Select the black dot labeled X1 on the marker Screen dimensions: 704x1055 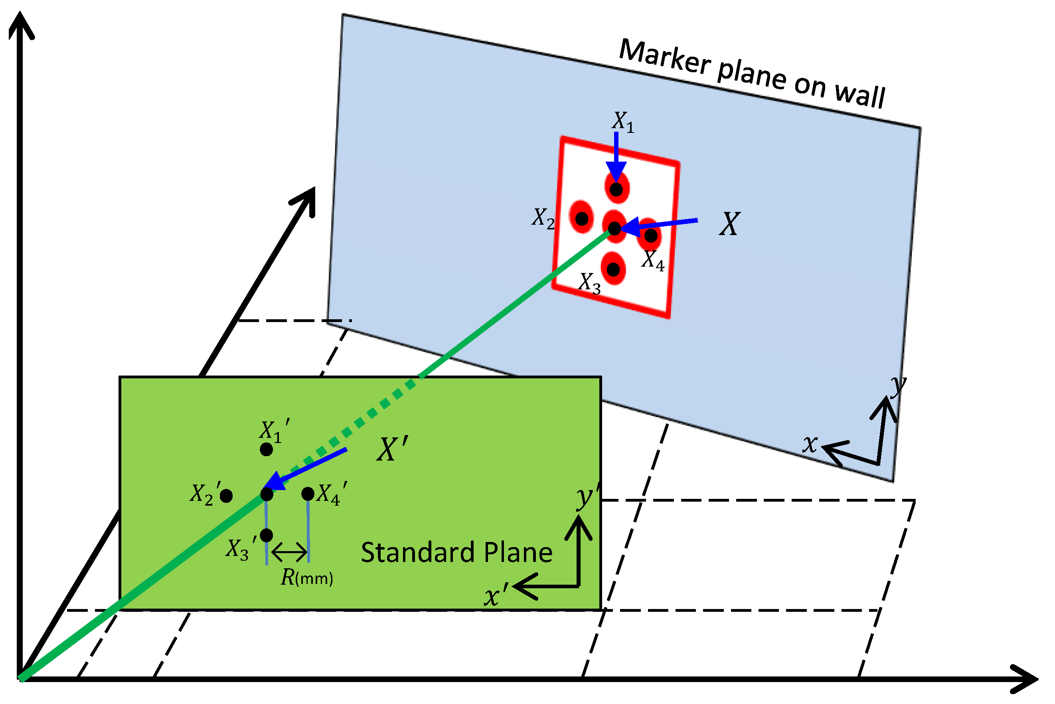616,190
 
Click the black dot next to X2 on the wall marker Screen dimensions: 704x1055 582,219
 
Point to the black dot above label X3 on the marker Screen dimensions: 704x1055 613,269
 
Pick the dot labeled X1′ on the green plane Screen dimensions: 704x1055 266,449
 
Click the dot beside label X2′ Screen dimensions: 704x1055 226,496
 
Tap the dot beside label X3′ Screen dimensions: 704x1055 266,535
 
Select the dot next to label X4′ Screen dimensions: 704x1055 308,494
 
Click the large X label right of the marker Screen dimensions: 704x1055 729,224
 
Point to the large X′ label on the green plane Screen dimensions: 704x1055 392,449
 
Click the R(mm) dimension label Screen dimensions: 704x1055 306,578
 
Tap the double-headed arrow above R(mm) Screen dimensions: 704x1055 289,552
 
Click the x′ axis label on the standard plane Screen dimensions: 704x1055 496,596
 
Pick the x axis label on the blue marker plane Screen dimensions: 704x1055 810,444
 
